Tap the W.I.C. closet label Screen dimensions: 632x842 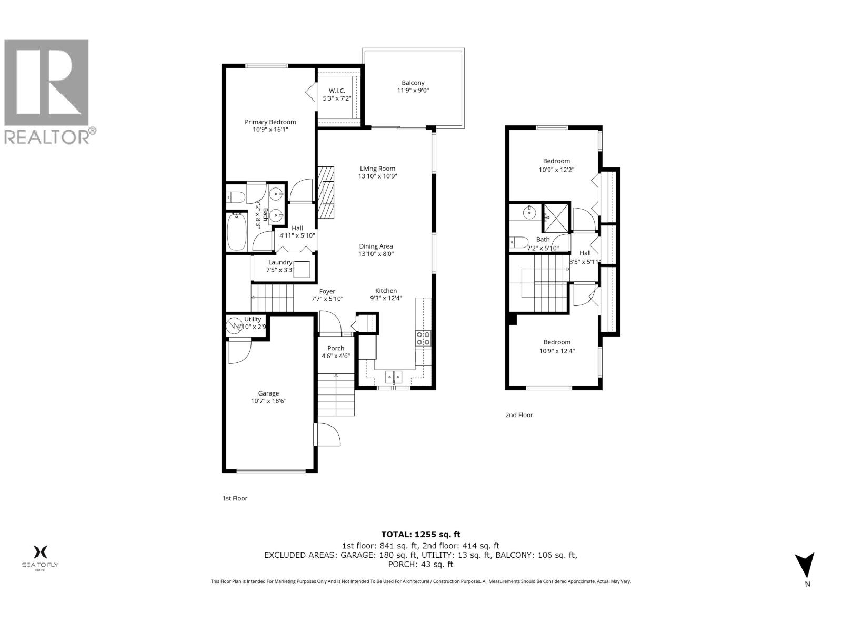pos(337,91)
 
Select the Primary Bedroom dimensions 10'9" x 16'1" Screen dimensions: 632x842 pos(270,129)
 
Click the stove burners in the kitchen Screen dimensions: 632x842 pos(423,338)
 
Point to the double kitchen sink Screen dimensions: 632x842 pos(394,376)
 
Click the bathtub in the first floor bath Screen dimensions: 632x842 pos(237,231)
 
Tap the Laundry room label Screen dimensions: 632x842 pos(280,262)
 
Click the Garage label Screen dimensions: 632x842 pos(268,393)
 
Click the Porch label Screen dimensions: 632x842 pos(336,348)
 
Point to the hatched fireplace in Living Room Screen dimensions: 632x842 pos(326,192)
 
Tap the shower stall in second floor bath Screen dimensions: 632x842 pos(556,216)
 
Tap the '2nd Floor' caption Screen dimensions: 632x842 pos(519,415)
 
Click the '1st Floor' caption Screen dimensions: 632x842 pos(234,498)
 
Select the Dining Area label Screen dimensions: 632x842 pos(376,246)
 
